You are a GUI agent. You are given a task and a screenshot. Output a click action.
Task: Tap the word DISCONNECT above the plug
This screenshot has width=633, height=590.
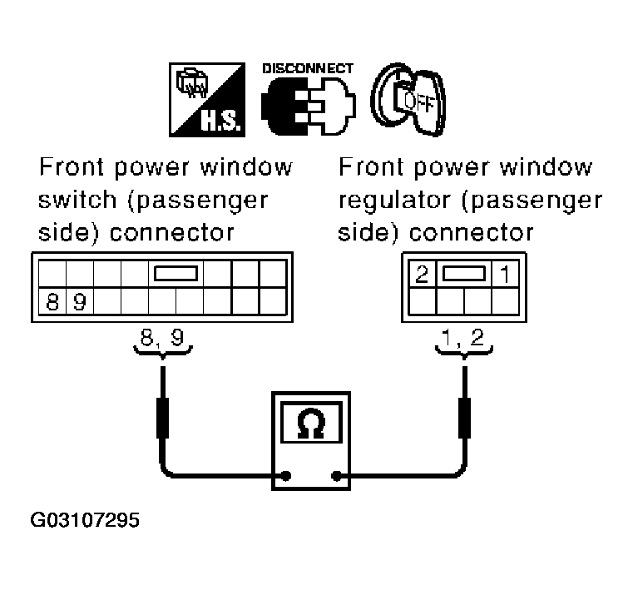tap(309, 68)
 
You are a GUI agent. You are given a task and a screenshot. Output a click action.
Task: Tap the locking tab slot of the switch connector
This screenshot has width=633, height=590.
tap(175, 273)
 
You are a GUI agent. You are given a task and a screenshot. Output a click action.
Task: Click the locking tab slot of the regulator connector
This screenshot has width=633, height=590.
tap(462, 273)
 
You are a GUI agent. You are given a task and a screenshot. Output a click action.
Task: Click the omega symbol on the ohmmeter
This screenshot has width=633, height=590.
tap(313, 425)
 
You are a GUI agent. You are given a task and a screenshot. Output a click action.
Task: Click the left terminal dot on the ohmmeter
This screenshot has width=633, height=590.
tap(285, 477)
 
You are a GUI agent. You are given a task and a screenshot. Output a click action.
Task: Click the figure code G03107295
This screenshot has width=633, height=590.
tap(86, 522)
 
